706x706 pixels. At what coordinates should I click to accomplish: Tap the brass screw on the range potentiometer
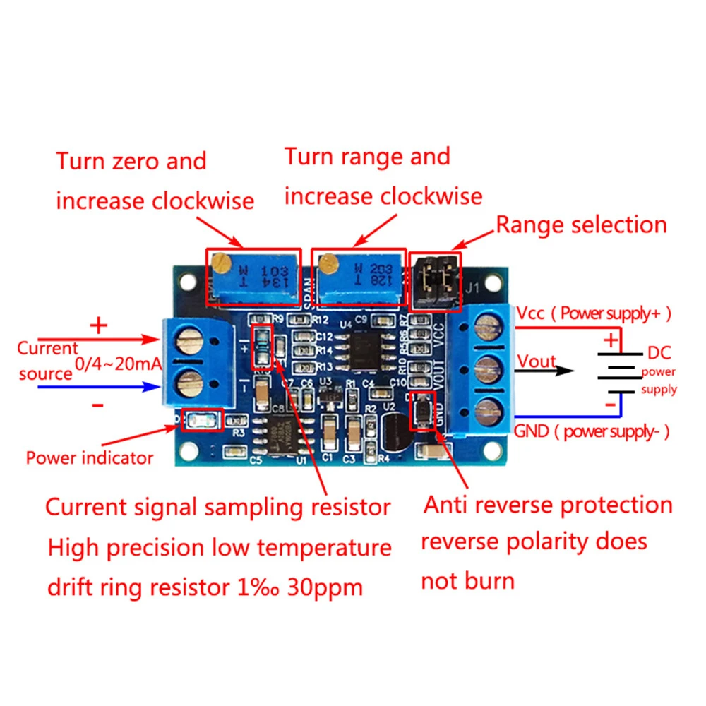coord(326,265)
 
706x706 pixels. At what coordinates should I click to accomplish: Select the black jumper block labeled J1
coord(435,280)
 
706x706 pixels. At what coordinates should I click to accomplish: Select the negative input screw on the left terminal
coord(188,385)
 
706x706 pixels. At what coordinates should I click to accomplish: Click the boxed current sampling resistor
coord(261,347)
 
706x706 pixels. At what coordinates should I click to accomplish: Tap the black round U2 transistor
coord(395,430)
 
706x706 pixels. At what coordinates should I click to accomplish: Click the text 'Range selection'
coord(581,225)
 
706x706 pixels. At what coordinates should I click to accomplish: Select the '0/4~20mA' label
coord(119,366)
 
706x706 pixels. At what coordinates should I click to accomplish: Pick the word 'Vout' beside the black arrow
coord(537,361)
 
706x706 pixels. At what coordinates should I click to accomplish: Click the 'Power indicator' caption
coord(90,457)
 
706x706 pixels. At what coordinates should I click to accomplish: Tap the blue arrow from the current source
coord(99,386)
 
